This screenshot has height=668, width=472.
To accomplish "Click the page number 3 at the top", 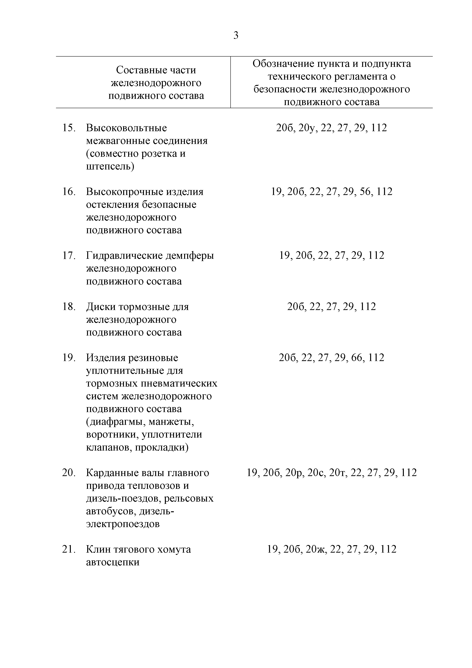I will pyautogui.click(x=236, y=35).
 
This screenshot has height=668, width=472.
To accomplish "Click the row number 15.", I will pyautogui.click(x=69, y=128).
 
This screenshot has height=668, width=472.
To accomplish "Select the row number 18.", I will pyautogui.click(x=69, y=307).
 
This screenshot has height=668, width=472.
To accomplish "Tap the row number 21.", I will pyautogui.click(x=69, y=549).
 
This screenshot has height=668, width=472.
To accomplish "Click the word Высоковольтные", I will pyautogui.click(x=126, y=128).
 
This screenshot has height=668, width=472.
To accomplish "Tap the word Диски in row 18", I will pyautogui.click(x=101, y=307).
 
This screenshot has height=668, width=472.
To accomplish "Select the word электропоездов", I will pyautogui.click(x=123, y=524).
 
